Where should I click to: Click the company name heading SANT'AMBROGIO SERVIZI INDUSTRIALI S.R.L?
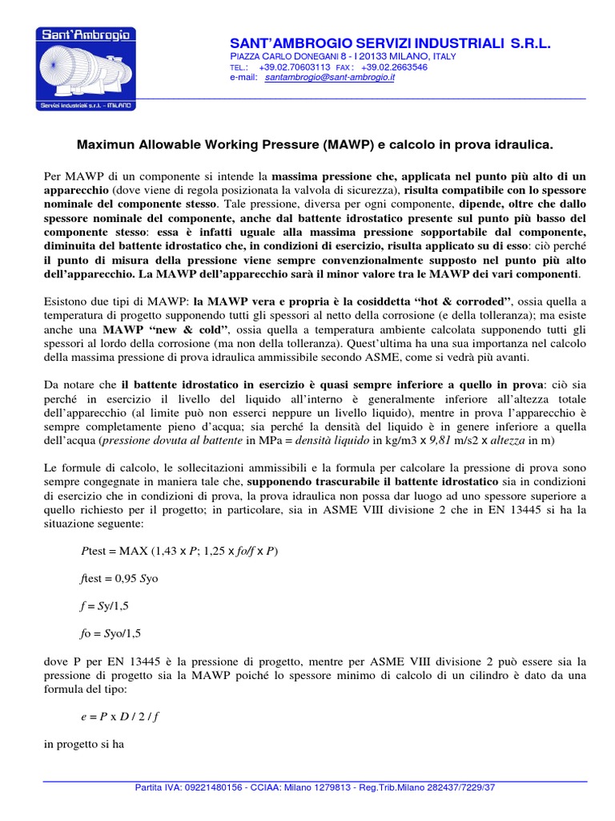[390, 42]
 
